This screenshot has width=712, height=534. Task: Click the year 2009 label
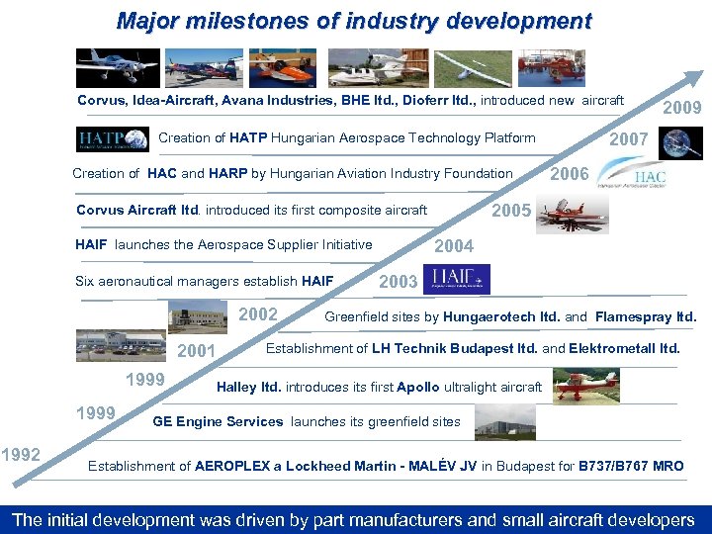[x=681, y=107]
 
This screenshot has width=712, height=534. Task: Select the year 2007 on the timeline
[x=629, y=140]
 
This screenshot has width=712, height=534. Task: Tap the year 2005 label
[x=511, y=211]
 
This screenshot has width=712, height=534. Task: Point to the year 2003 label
[x=399, y=282]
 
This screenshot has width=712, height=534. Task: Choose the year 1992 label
[x=21, y=455]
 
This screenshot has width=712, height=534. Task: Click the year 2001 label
[x=196, y=351]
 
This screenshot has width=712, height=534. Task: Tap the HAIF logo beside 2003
[x=456, y=280]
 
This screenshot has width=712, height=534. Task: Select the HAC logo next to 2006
[x=639, y=175]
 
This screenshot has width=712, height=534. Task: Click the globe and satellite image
[x=682, y=143]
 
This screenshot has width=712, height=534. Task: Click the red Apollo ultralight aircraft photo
[x=585, y=384]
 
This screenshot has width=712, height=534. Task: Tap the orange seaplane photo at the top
[x=282, y=67]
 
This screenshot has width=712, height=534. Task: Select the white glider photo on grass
[x=470, y=67]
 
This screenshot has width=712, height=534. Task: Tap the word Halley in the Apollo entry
[x=237, y=387]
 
